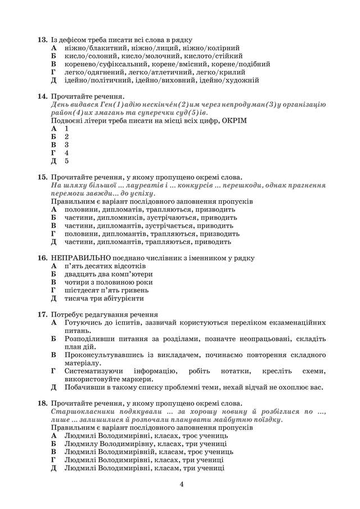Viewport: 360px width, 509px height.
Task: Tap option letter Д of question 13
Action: pos(54,80)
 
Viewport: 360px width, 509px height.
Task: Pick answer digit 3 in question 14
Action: pos(66,145)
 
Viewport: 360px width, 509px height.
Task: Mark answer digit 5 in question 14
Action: pos(66,160)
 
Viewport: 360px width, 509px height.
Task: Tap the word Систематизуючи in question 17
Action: pos(93,371)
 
